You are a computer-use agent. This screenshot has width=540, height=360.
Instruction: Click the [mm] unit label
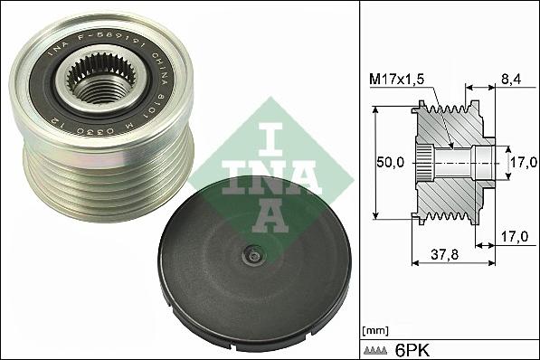point(374,328)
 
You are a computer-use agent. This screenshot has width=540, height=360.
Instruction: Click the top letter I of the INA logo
point(269,133)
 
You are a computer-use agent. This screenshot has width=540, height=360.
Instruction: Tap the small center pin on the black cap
point(255,256)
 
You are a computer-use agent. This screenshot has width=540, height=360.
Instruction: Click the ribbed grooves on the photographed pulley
point(109,181)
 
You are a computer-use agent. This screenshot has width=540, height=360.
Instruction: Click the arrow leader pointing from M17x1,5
point(437,113)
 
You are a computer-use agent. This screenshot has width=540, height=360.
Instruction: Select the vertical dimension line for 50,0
point(374,164)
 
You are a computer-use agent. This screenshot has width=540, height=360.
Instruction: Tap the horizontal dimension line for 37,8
point(452,263)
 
